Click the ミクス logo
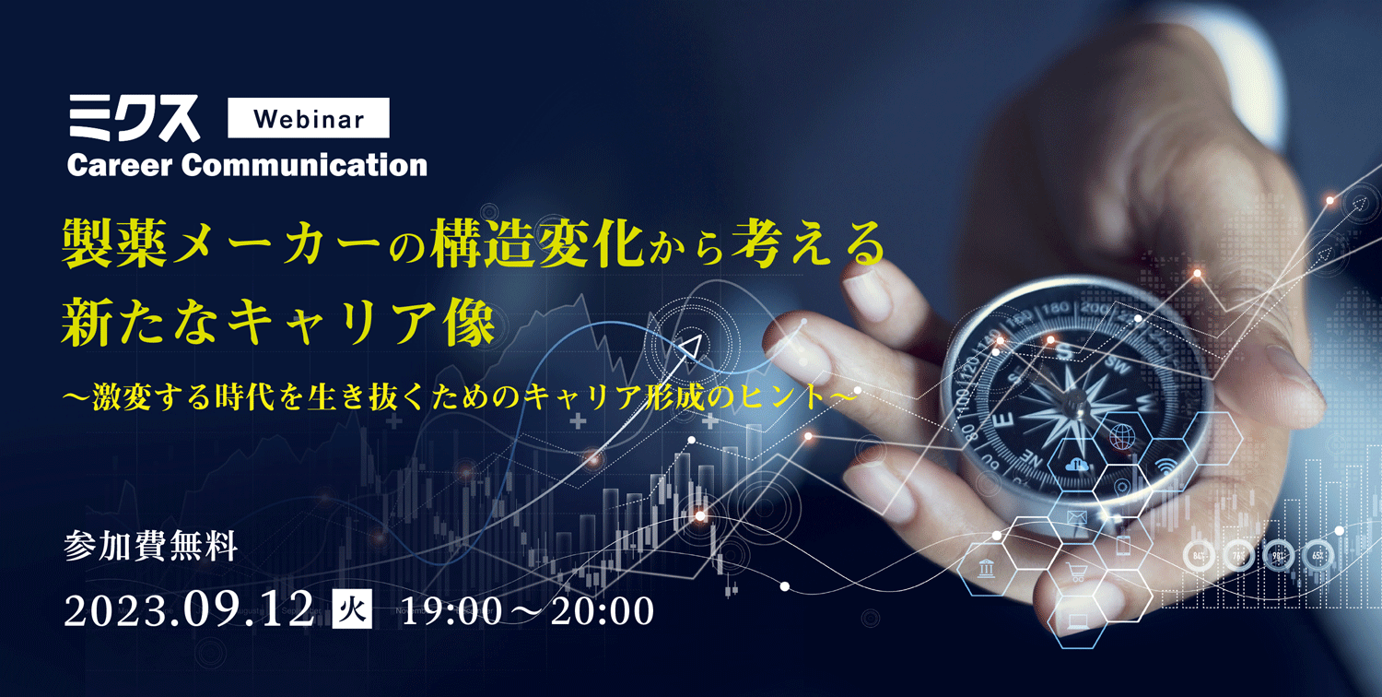134,119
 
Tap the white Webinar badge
309,118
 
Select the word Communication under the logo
304,165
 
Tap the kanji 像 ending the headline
470,322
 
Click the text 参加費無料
150,546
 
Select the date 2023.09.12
189,610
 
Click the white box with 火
352,609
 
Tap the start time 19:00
451,610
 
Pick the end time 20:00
603,610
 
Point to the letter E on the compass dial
1004,421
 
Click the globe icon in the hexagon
1122,437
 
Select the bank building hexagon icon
986,568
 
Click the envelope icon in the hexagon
1077,516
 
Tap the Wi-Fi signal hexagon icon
1165,467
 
